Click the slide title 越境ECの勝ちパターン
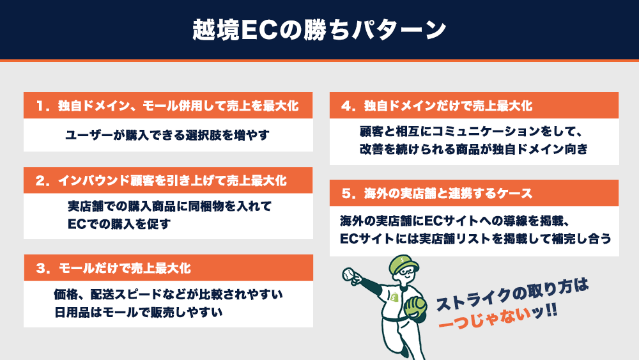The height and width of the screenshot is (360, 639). click(319, 30)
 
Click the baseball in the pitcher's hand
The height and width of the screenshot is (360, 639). click(349, 274)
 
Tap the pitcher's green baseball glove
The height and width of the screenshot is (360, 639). click(415, 306)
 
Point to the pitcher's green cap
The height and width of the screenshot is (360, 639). click(403, 263)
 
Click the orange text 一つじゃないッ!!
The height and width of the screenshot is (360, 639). click(497, 317)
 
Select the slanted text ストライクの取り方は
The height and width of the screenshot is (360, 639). click(512, 294)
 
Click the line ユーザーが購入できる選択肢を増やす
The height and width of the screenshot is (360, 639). click(167, 135)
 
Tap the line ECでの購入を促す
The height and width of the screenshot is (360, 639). click(119, 224)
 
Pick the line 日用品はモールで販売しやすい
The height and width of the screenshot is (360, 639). click(138, 312)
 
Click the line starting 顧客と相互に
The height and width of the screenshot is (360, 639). click(471, 131)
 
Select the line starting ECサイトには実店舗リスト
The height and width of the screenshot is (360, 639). click(475, 239)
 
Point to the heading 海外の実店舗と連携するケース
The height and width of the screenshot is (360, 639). click(449, 193)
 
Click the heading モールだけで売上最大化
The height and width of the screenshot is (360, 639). click(125, 269)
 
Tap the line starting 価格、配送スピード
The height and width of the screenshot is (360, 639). click(168, 294)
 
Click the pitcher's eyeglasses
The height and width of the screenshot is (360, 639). click(408, 271)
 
